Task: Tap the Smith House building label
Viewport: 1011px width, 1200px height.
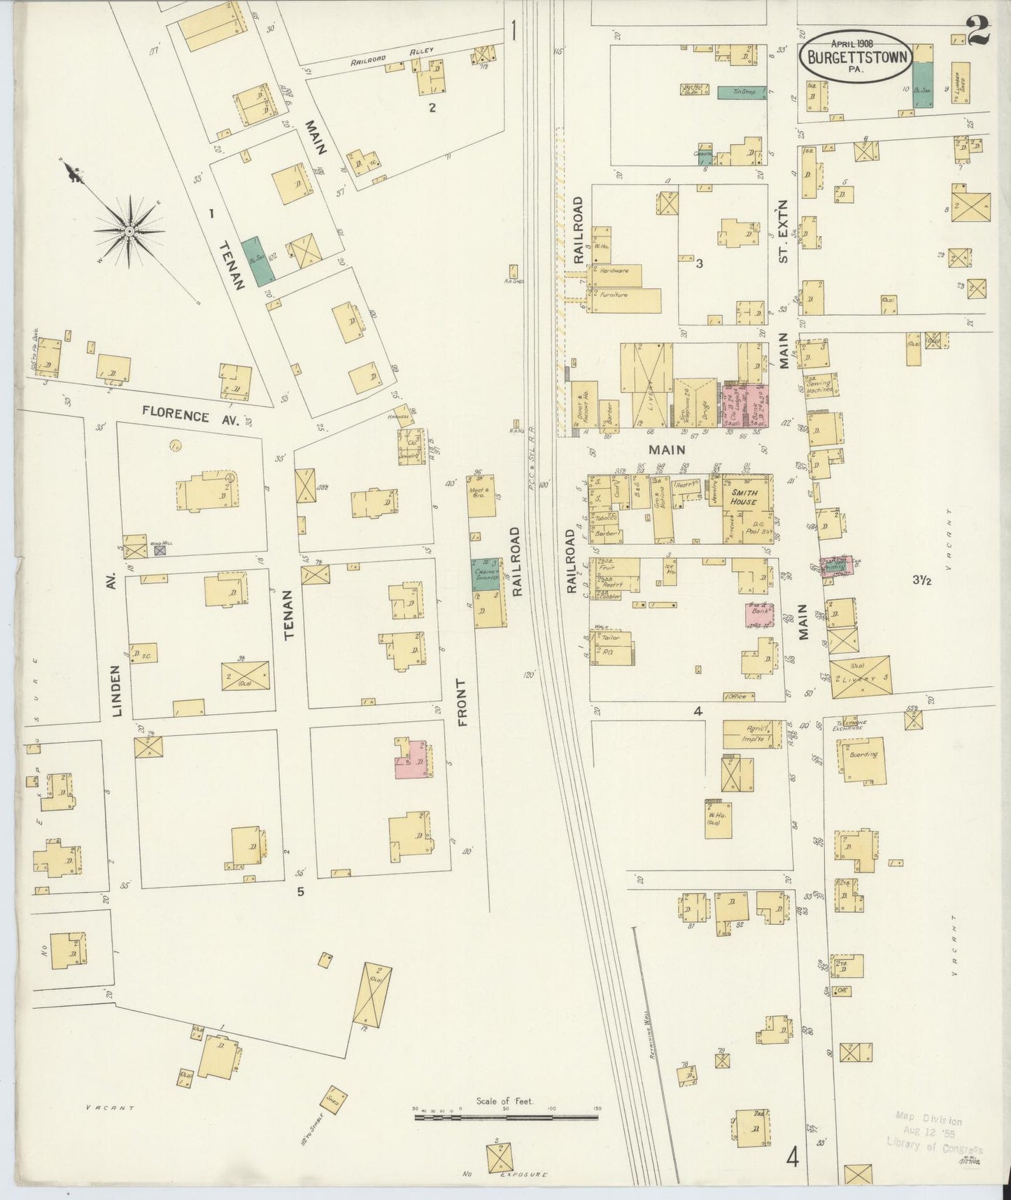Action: coord(744,497)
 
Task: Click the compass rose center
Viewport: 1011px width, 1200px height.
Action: coord(129,230)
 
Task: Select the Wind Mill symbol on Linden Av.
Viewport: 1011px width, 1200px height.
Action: coord(160,550)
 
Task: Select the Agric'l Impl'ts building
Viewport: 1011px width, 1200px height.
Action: coord(752,733)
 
